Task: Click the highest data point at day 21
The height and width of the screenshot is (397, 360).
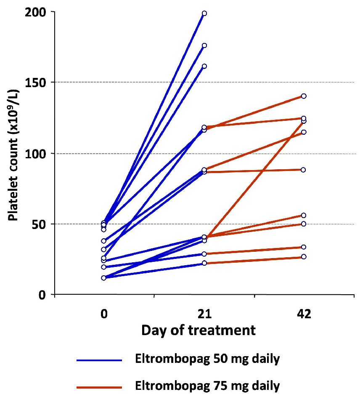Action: click(204, 13)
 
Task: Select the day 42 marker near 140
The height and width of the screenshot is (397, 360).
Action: click(304, 96)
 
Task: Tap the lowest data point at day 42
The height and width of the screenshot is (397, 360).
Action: click(304, 257)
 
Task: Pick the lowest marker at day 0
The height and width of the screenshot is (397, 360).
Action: click(103, 278)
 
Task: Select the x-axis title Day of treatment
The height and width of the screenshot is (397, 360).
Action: click(199, 330)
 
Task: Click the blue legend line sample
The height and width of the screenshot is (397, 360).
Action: click(99, 360)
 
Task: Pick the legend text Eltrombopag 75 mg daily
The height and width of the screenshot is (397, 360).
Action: click(207, 385)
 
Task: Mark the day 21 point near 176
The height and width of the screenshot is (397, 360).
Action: click(204, 45)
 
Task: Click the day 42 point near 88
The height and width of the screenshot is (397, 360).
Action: click(304, 170)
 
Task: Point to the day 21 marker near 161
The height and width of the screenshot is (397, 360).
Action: click(204, 66)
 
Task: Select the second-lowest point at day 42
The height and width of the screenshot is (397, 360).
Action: click(304, 247)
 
